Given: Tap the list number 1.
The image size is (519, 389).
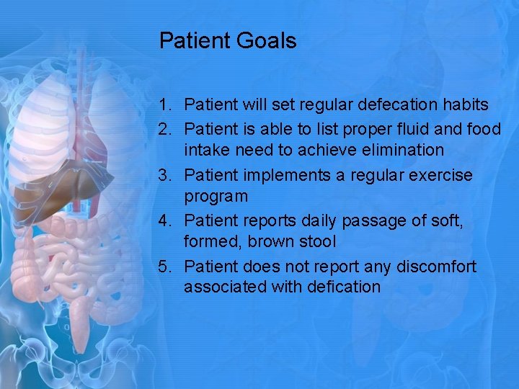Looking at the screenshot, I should pyautogui.click(x=164, y=105).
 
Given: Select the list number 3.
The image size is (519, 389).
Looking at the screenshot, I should pyautogui.click(x=164, y=176).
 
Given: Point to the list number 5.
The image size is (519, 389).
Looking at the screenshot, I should pyautogui.click(x=164, y=267).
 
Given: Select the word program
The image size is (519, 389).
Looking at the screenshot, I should pyautogui.click(x=216, y=197).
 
